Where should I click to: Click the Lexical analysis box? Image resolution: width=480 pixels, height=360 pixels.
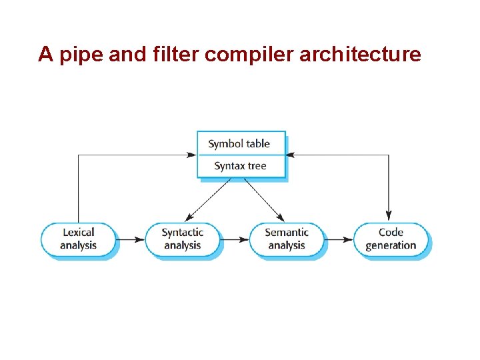[79, 239]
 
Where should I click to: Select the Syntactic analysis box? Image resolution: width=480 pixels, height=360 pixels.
[182, 239]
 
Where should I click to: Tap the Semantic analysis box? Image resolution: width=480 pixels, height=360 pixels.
[287, 239]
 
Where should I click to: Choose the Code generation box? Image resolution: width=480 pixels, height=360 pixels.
[391, 239]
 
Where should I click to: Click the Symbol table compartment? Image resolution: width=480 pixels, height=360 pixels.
[240, 143]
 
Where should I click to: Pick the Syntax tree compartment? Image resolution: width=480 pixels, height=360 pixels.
[240, 166]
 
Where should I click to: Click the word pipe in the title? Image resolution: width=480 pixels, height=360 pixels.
[78, 55]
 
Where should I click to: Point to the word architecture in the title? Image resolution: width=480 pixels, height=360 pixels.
[360, 53]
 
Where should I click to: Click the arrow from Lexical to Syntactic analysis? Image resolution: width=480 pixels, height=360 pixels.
[130, 239]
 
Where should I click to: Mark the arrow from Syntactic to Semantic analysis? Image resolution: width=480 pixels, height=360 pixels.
[235, 239]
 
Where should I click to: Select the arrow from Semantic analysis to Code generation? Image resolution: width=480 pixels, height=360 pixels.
[339, 239]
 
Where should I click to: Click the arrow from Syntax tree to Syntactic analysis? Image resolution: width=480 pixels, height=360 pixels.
[208, 200]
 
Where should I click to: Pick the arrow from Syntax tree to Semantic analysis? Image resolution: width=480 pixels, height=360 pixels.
[264, 200]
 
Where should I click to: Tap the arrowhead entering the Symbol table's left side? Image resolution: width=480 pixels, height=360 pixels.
[193, 155]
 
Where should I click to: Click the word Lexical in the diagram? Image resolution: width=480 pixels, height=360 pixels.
[79, 232]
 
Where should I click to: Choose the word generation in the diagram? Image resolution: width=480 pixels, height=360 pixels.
[391, 245]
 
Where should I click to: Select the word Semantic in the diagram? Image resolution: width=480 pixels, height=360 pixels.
[287, 232]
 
